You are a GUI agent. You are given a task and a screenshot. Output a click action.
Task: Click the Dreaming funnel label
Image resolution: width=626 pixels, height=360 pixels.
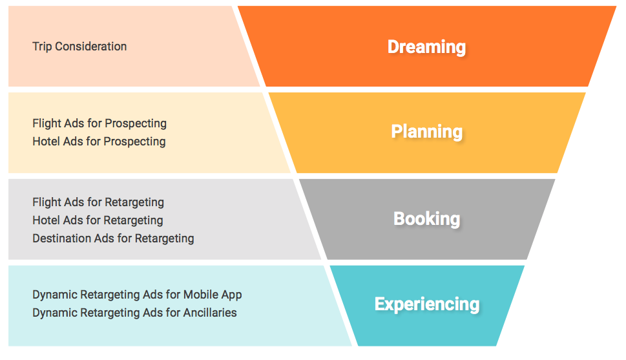[426, 47]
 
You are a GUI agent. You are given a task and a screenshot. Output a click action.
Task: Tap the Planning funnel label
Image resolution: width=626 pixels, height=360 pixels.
[426, 132]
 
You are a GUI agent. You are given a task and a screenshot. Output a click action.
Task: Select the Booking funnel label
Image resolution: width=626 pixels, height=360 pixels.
[426, 218]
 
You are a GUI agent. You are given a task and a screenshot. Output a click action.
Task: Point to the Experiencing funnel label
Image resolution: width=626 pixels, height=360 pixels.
[426, 304]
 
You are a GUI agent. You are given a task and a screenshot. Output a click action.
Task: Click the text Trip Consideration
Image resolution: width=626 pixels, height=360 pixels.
[79, 47]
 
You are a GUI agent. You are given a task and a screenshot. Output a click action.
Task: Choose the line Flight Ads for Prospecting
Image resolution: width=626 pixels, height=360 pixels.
[99, 123]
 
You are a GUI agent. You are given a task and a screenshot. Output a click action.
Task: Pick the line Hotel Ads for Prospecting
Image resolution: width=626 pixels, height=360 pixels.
[99, 142]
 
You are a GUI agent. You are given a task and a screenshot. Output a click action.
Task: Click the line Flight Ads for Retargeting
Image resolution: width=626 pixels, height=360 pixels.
[98, 202]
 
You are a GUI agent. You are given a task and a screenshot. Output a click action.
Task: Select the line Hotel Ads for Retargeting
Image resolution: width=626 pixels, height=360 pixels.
[98, 220]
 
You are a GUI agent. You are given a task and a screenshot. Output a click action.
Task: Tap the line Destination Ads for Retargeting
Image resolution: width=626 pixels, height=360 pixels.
[113, 238]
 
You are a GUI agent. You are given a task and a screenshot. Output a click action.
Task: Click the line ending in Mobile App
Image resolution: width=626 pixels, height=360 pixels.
[137, 295]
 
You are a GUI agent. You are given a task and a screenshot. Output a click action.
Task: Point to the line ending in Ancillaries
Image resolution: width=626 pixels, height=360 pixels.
[134, 313]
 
